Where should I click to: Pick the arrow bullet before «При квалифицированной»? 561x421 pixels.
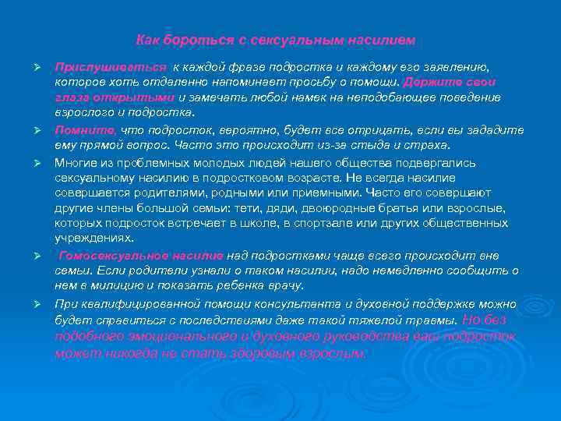pyautogui.click(x=33, y=304)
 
